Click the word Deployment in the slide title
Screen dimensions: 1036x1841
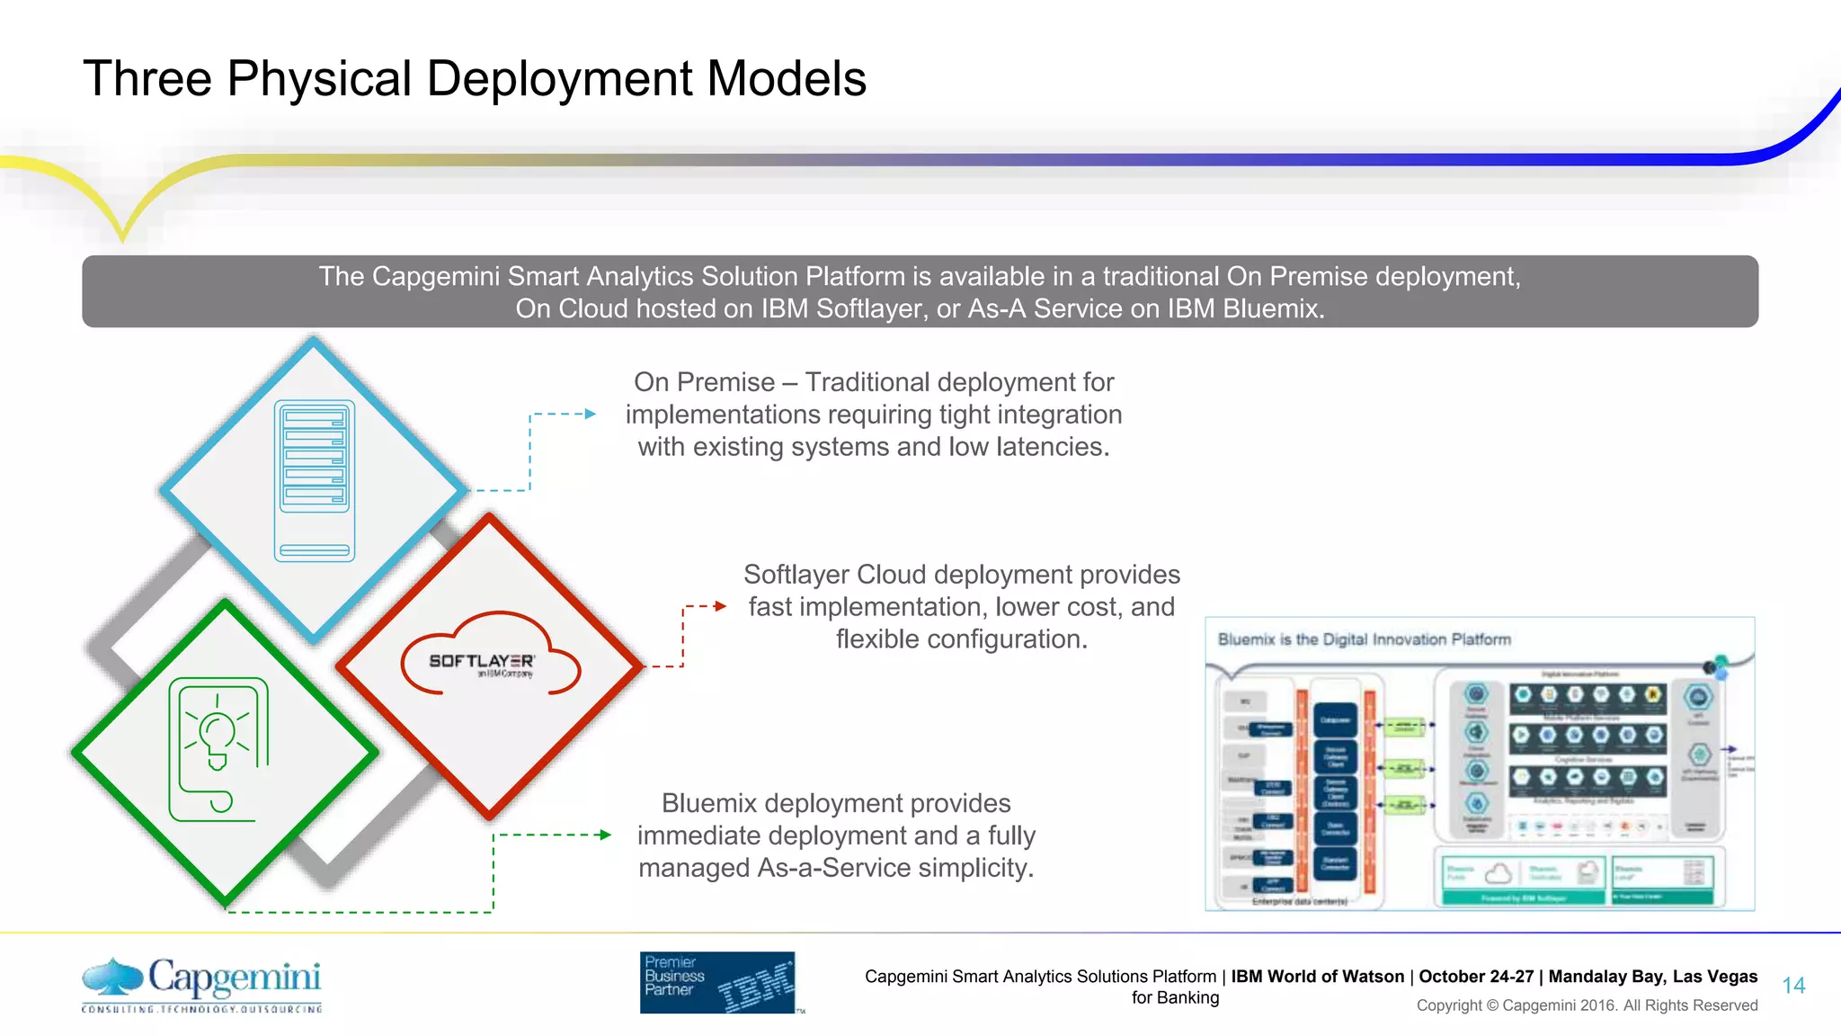(x=556, y=79)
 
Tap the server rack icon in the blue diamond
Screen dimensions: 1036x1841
(x=314, y=480)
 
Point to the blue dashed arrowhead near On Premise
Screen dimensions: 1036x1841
(x=591, y=414)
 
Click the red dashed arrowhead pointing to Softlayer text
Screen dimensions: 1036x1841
(x=720, y=606)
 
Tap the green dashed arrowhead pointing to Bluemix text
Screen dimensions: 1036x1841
(x=606, y=835)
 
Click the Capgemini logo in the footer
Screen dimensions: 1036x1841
(x=201, y=984)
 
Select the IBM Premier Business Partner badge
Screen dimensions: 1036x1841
(x=717, y=982)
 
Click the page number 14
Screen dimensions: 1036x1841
(x=1793, y=986)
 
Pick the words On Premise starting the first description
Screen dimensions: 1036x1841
(x=704, y=382)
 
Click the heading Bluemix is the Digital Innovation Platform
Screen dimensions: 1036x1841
(x=1364, y=639)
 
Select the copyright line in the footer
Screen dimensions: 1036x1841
(x=1587, y=1005)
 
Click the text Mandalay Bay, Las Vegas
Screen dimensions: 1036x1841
(x=1652, y=977)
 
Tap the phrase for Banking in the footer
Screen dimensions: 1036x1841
(x=1175, y=997)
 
